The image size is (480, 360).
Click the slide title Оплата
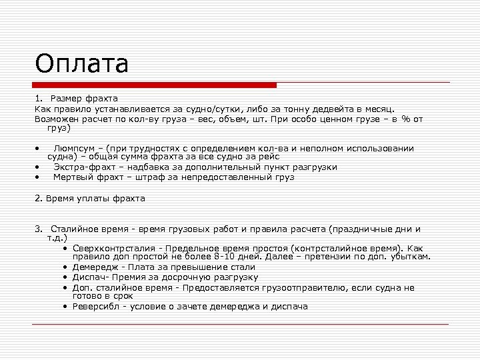click(x=81, y=64)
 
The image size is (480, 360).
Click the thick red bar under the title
click(x=155, y=85)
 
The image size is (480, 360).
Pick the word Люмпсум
click(x=74, y=148)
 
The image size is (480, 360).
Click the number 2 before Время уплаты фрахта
click(x=37, y=198)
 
